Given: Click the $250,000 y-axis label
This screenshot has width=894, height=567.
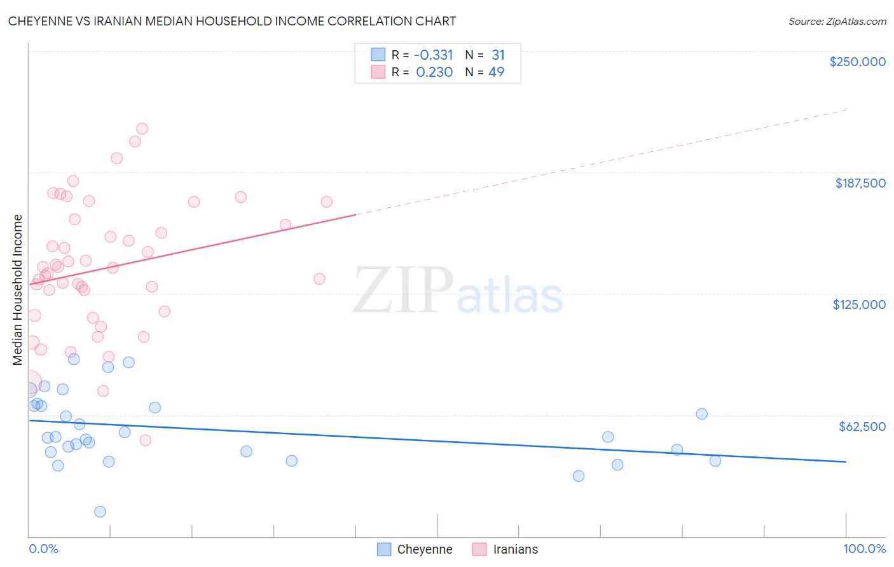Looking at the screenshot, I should coord(857,62).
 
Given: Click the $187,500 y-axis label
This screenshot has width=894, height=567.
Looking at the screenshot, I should coord(860,183).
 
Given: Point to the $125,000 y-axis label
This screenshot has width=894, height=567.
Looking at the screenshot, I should coord(859,304).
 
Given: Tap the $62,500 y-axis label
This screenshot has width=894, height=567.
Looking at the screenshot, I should coord(862,427).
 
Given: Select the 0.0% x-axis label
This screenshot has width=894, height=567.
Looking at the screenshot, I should coord(43,549).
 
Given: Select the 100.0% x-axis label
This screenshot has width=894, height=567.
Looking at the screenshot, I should coord(864,549).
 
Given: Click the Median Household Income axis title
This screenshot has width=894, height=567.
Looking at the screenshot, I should coord(17,290).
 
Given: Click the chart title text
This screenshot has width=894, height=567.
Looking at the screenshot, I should coord(231,21).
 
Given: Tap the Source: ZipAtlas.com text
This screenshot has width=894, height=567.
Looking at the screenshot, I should coord(837,22).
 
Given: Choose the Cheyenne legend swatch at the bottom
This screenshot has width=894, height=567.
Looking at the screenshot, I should coord(384,549).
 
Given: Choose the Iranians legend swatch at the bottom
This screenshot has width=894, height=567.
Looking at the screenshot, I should coord(479,549).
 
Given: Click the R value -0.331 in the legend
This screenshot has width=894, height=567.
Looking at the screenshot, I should coord(433,55).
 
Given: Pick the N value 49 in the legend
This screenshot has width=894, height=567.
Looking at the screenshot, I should coord(496,72).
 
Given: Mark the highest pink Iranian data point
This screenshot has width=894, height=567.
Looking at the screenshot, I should coord(142,128).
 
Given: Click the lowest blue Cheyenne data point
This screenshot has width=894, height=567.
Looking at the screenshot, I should coord(100,512).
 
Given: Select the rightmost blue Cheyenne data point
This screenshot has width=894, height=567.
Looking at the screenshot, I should coord(715,461).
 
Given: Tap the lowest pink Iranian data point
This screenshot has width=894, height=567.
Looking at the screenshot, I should coord(145,440).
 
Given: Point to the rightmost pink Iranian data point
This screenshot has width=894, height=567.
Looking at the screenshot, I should coord(327,202).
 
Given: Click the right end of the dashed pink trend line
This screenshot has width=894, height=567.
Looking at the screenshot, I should coord(846,110).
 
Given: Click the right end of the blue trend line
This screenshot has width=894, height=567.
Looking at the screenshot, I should coord(846,461).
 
